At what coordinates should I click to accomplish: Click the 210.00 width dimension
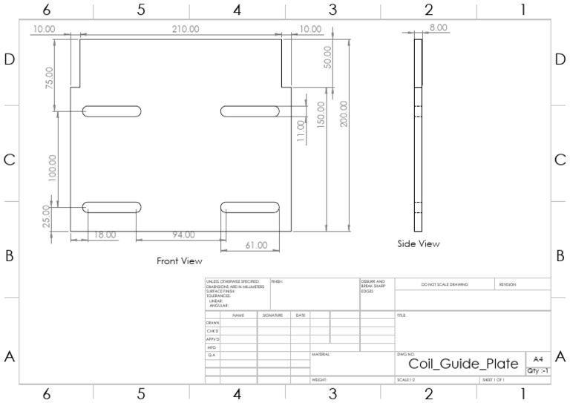pyautogui.click(x=185, y=29)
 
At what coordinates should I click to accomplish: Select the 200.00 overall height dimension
pyautogui.click(x=344, y=115)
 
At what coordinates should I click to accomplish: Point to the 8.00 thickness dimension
pyautogui.click(x=438, y=27)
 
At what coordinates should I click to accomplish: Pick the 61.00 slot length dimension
pyautogui.click(x=256, y=245)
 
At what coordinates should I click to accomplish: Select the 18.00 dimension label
pyautogui.click(x=104, y=235)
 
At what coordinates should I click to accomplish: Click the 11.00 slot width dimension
pyautogui.click(x=301, y=131)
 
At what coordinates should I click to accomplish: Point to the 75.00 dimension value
pyautogui.click(x=50, y=78)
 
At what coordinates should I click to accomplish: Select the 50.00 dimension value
pyautogui.click(x=327, y=56)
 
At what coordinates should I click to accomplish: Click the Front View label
pyautogui.click(x=179, y=261)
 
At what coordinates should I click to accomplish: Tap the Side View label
pyautogui.click(x=418, y=243)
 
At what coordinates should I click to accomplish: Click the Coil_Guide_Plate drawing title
pyautogui.click(x=463, y=364)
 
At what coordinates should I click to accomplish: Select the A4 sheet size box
pyautogui.click(x=537, y=358)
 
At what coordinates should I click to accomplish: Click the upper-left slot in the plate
pyautogui.click(x=111, y=111)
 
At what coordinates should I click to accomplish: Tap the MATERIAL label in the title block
pyautogui.click(x=321, y=355)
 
